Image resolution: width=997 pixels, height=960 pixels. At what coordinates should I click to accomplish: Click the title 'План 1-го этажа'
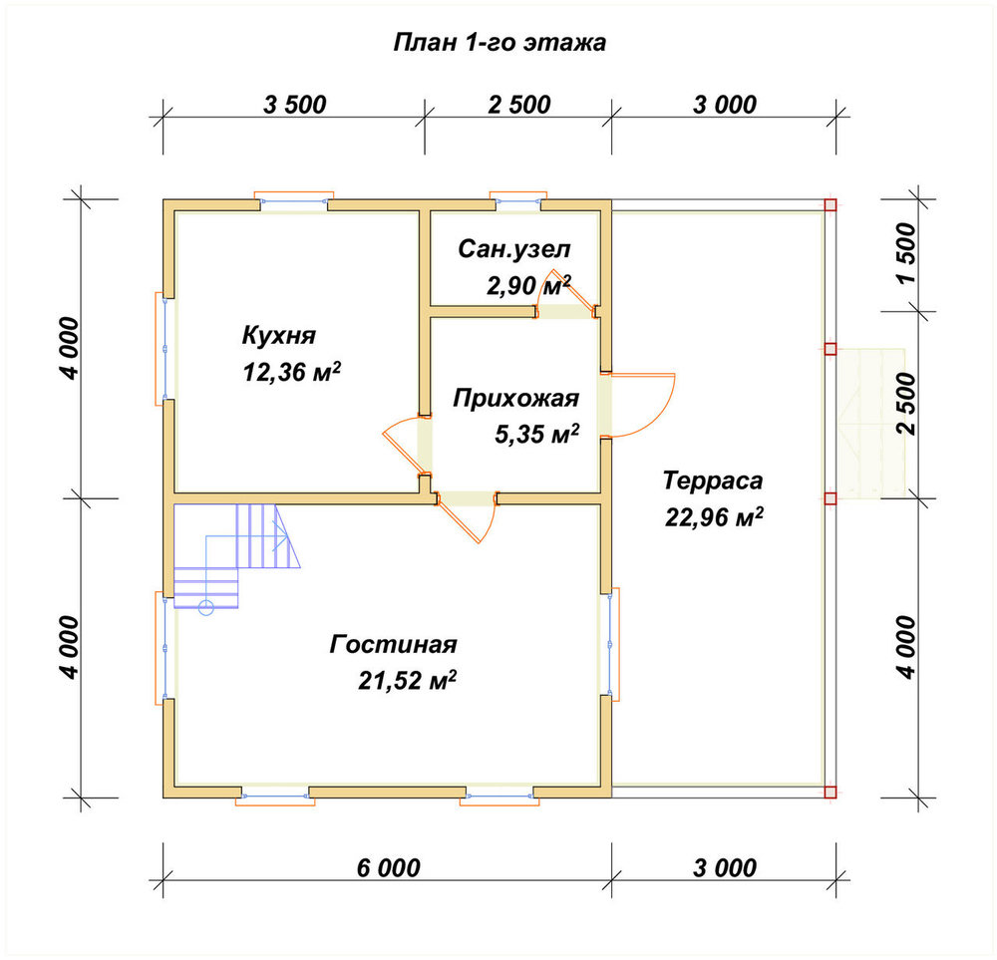pos(499,43)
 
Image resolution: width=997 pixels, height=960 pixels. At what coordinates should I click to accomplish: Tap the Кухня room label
pos(278,335)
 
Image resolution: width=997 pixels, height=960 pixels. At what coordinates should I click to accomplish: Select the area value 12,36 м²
pos(291,371)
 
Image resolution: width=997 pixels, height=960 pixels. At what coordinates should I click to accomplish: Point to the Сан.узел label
pos(513,249)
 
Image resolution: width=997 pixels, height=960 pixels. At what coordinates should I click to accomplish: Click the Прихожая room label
pos(515,399)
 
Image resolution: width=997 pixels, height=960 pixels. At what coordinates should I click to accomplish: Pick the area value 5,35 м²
pos(536,435)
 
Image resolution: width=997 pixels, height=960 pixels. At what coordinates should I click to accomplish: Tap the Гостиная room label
pos(393,644)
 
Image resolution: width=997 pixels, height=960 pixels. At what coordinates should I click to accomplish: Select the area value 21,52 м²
pos(407,680)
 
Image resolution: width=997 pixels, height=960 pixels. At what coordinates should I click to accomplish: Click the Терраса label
pos(712,480)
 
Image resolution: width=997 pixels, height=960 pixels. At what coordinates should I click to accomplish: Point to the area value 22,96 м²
pos(714,516)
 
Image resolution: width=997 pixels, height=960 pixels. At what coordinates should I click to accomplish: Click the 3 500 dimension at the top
pos(294,105)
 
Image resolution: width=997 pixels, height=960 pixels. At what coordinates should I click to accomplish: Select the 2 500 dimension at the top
pos(518,105)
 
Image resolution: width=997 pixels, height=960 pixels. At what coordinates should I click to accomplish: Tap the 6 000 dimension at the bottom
pos(388,868)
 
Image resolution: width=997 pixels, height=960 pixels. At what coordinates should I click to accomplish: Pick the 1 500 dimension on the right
pos(906,253)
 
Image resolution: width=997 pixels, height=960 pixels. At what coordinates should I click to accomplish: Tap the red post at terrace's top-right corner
pos(830,204)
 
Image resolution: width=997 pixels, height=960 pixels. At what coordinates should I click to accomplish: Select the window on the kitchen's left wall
pos(165,348)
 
